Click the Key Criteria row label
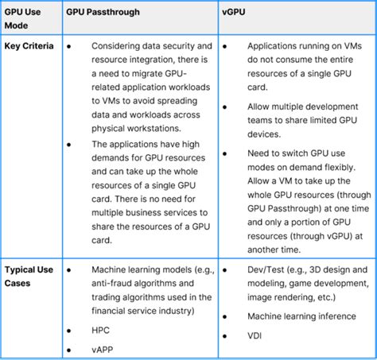click(29, 46)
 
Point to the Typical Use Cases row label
click(29, 276)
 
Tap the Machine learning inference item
click(302, 315)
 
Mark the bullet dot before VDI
click(226, 336)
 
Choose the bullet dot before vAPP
click(71, 348)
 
